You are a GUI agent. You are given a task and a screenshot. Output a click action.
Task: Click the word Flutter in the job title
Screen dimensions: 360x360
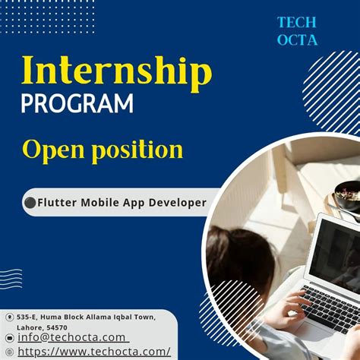58,203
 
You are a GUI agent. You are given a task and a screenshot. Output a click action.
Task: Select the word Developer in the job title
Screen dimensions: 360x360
175,203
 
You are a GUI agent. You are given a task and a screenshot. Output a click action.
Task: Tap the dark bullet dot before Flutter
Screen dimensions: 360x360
30,203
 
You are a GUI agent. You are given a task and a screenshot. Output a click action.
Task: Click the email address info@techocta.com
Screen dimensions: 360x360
71,337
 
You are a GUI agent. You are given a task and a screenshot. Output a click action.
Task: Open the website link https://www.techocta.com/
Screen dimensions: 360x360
93,351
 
